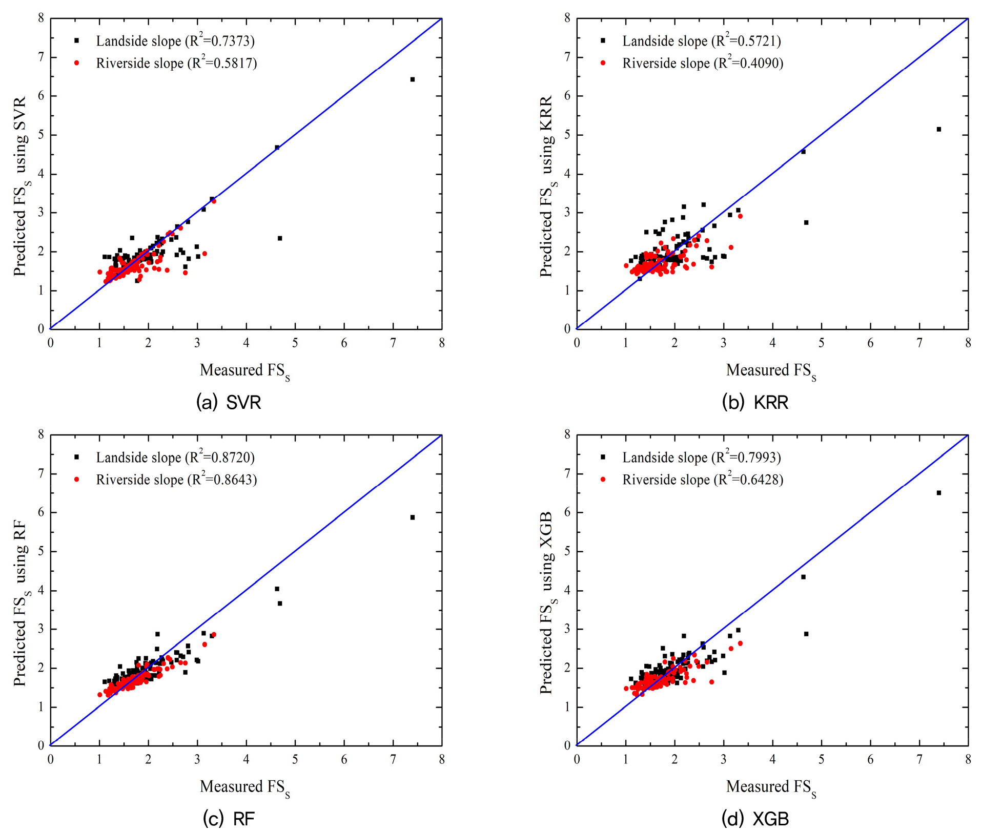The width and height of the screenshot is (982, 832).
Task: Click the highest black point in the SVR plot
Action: [413, 79]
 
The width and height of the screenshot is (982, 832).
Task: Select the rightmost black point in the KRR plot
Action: [939, 129]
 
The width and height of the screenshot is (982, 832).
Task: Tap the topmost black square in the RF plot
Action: [413, 517]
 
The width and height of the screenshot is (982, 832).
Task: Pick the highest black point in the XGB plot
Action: [939, 493]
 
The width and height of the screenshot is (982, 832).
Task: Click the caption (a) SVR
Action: [229, 403]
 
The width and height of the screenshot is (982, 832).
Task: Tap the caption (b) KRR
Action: [755, 403]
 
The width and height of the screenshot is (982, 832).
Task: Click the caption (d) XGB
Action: [755, 819]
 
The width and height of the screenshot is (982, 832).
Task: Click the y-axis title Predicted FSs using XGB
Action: [548, 603]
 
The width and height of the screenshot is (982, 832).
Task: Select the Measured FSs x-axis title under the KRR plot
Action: [771, 371]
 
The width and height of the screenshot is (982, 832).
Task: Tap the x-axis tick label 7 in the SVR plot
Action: [393, 343]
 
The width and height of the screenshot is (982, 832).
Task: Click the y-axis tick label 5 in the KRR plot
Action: [567, 135]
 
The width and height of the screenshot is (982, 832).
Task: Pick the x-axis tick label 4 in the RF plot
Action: [246, 760]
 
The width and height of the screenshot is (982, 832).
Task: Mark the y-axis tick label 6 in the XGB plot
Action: [567, 512]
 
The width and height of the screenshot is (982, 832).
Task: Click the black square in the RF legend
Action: [76, 457]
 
